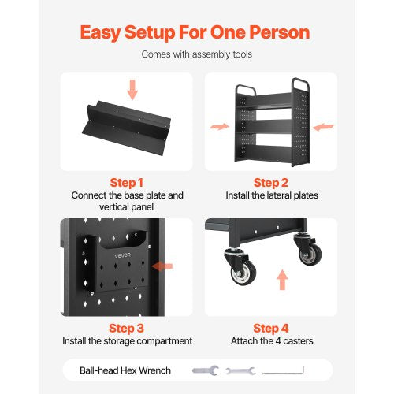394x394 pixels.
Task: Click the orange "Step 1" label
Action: (126, 181)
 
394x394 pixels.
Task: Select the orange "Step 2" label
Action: (270, 181)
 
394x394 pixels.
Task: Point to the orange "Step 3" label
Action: (126, 327)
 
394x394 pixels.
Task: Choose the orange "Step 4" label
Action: (270, 327)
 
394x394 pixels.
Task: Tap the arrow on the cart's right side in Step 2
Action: (324, 126)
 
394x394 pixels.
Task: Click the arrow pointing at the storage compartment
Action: (163, 267)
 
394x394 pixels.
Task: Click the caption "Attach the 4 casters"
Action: (270, 341)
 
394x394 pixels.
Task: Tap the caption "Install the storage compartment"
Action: (126, 341)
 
